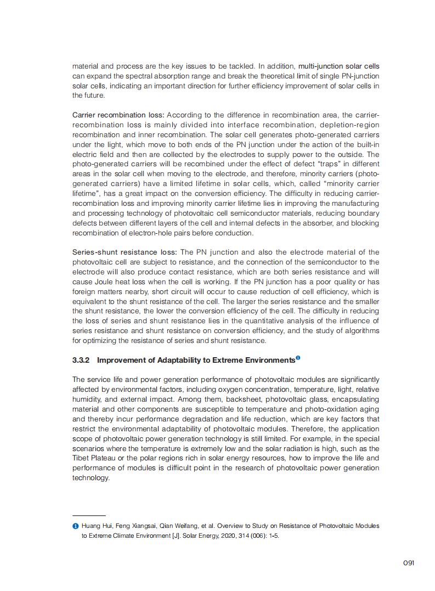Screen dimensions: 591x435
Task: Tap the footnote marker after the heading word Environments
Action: pos(298,358)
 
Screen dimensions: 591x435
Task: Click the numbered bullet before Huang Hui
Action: pos(76,526)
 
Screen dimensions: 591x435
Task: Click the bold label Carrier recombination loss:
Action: pos(118,115)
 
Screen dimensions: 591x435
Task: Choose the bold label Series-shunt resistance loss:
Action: pos(125,252)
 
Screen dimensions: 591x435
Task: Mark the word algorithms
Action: pos(358,331)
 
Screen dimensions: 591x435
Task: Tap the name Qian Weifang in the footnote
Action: pos(170,526)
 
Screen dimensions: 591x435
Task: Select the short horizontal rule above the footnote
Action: pos(89,516)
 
